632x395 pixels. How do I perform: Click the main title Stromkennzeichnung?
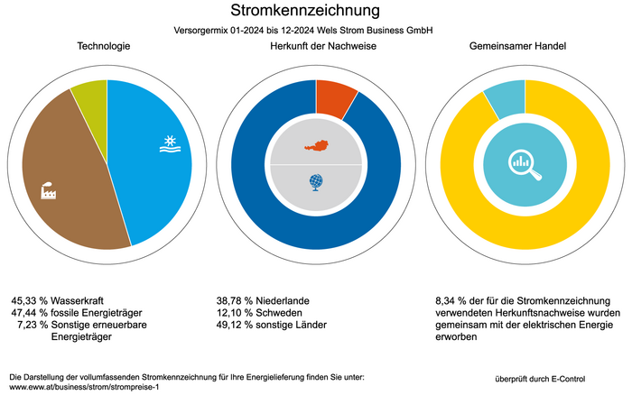click(x=305, y=11)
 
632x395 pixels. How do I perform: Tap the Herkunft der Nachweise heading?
click(x=315, y=46)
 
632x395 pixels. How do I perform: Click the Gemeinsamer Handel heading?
click(x=524, y=46)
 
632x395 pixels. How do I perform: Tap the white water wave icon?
click(x=169, y=145)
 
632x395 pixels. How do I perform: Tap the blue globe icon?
click(x=315, y=183)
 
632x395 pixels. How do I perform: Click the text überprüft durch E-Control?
click(x=548, y=375)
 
